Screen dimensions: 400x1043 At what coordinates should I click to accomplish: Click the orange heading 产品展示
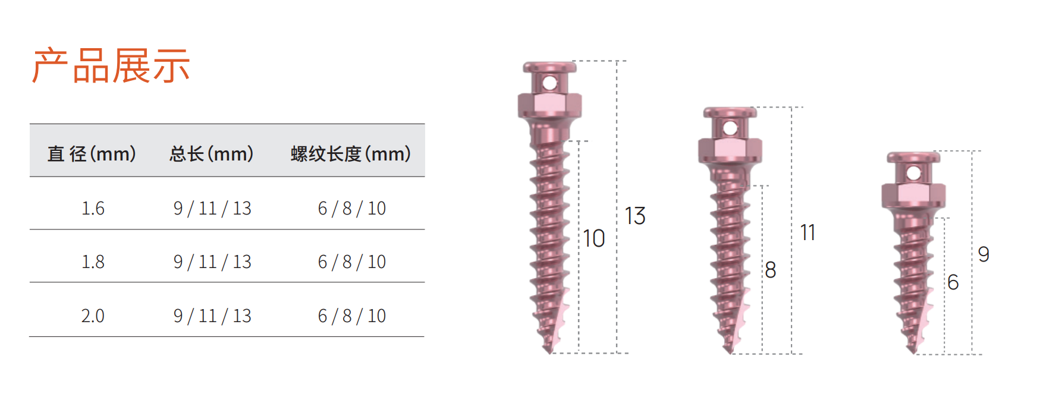[x=111, y=65]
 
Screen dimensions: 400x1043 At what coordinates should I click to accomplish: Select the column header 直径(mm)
[x=92, y=154]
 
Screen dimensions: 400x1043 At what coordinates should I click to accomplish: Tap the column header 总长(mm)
[x=212, y=154]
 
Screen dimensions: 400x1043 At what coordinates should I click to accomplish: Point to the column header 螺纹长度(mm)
[x=351, y=154]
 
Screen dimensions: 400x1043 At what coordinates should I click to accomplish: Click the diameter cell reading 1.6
[x=93, y=209]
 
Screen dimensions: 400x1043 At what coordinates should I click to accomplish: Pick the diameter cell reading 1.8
[x=93, y=262]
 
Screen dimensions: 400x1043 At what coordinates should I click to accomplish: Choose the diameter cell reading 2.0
[x=93, y=316]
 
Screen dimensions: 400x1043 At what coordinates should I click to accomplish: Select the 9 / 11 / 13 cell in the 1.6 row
[x=212, y=209]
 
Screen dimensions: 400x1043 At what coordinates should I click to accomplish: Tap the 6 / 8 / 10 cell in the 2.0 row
[x=352, y=316]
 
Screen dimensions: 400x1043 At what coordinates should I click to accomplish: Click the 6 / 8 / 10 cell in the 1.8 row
[x=352, y=262]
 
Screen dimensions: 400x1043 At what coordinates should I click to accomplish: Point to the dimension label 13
[x=635, y=216]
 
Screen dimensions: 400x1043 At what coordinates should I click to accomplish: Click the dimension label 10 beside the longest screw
[x=593, y=239]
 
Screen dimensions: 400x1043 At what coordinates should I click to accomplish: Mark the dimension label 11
[x=808, y=232]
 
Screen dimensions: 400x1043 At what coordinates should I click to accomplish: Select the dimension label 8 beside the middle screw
[x=771, y=270]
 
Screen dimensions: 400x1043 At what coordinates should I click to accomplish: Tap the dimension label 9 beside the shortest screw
[x=984, y=254]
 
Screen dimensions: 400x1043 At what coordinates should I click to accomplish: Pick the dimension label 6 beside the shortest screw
[x=953, y=282]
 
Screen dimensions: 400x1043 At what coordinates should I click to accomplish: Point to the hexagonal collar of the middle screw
[x=730, y=150]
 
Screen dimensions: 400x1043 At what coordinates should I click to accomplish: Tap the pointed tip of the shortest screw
[x=913, y=351]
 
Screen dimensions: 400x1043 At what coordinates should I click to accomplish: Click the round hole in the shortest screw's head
[x=914, y=174]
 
